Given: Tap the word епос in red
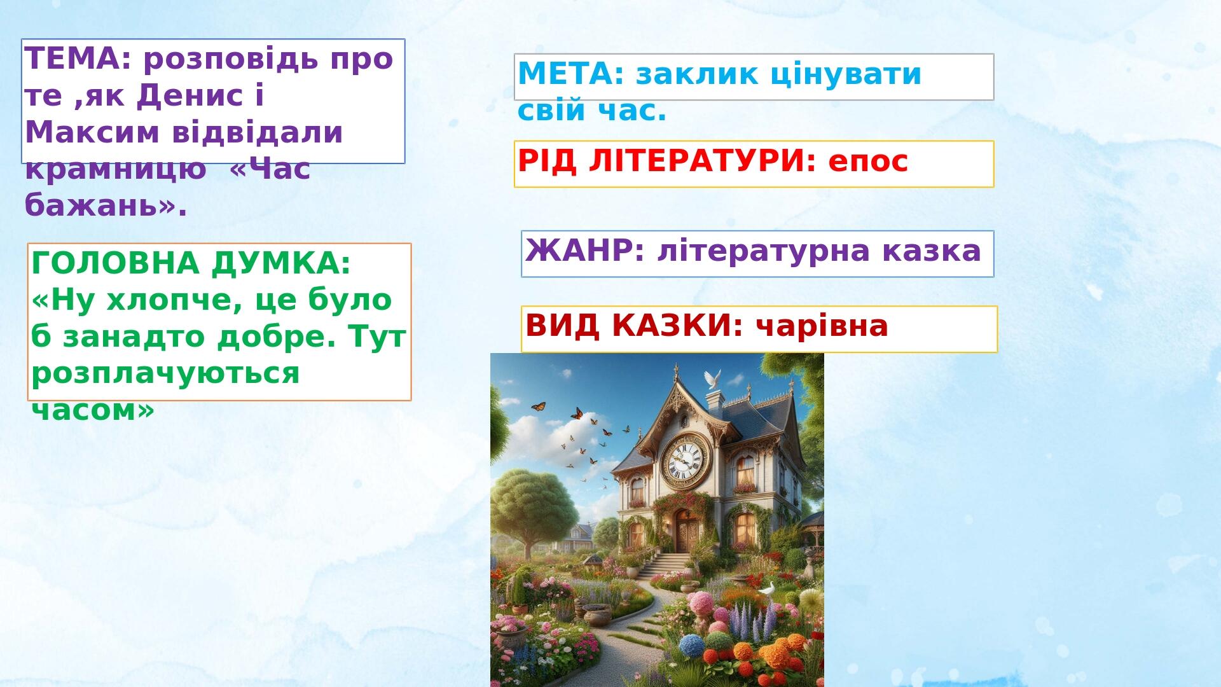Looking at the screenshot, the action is [868, 162].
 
